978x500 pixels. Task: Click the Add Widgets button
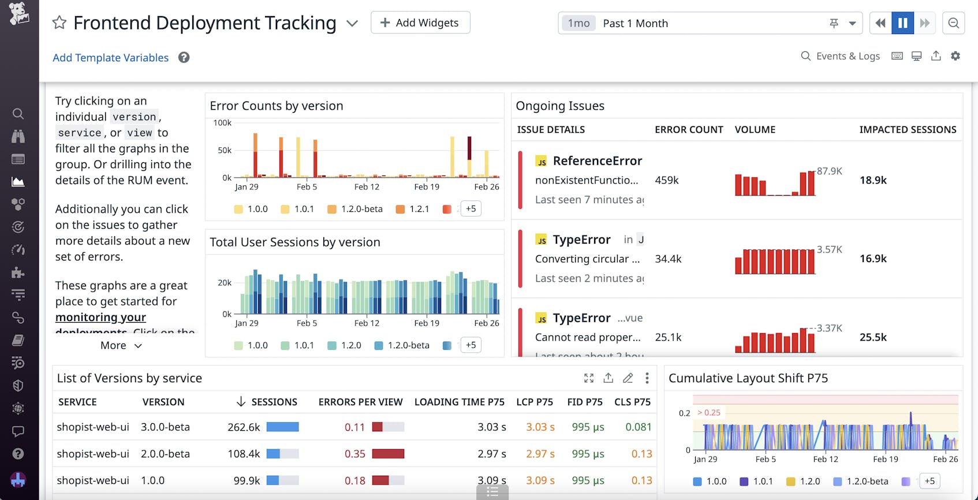click(x=420, y=23)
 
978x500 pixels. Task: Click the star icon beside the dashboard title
click(x=59, y=23)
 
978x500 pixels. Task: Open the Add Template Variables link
click(x=110, y=58)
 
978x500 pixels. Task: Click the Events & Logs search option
click(x=841, y=56)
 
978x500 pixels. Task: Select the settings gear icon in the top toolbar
click(x=955, y=56)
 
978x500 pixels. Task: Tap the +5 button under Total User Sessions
click(x=471, y=345)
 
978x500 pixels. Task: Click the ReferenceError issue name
click(x=597, y=161)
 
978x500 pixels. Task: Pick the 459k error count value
click(x=667, y=180)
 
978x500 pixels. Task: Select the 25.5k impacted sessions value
click(x=873, y=337)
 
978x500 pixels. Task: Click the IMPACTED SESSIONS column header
click(x=908, y=130)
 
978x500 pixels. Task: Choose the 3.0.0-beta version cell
click(x=165, y=427)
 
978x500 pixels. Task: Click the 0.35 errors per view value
click(x=355, y=454)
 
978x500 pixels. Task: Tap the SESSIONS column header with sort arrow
click(x=267, y=402)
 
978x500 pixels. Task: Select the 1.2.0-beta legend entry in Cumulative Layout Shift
click(x=867, y=482)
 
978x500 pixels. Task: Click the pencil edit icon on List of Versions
click(x=628, y=378)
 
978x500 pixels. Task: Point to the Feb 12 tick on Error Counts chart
click(x=367, y=187)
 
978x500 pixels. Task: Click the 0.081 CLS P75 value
click(x=638, y=427)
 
